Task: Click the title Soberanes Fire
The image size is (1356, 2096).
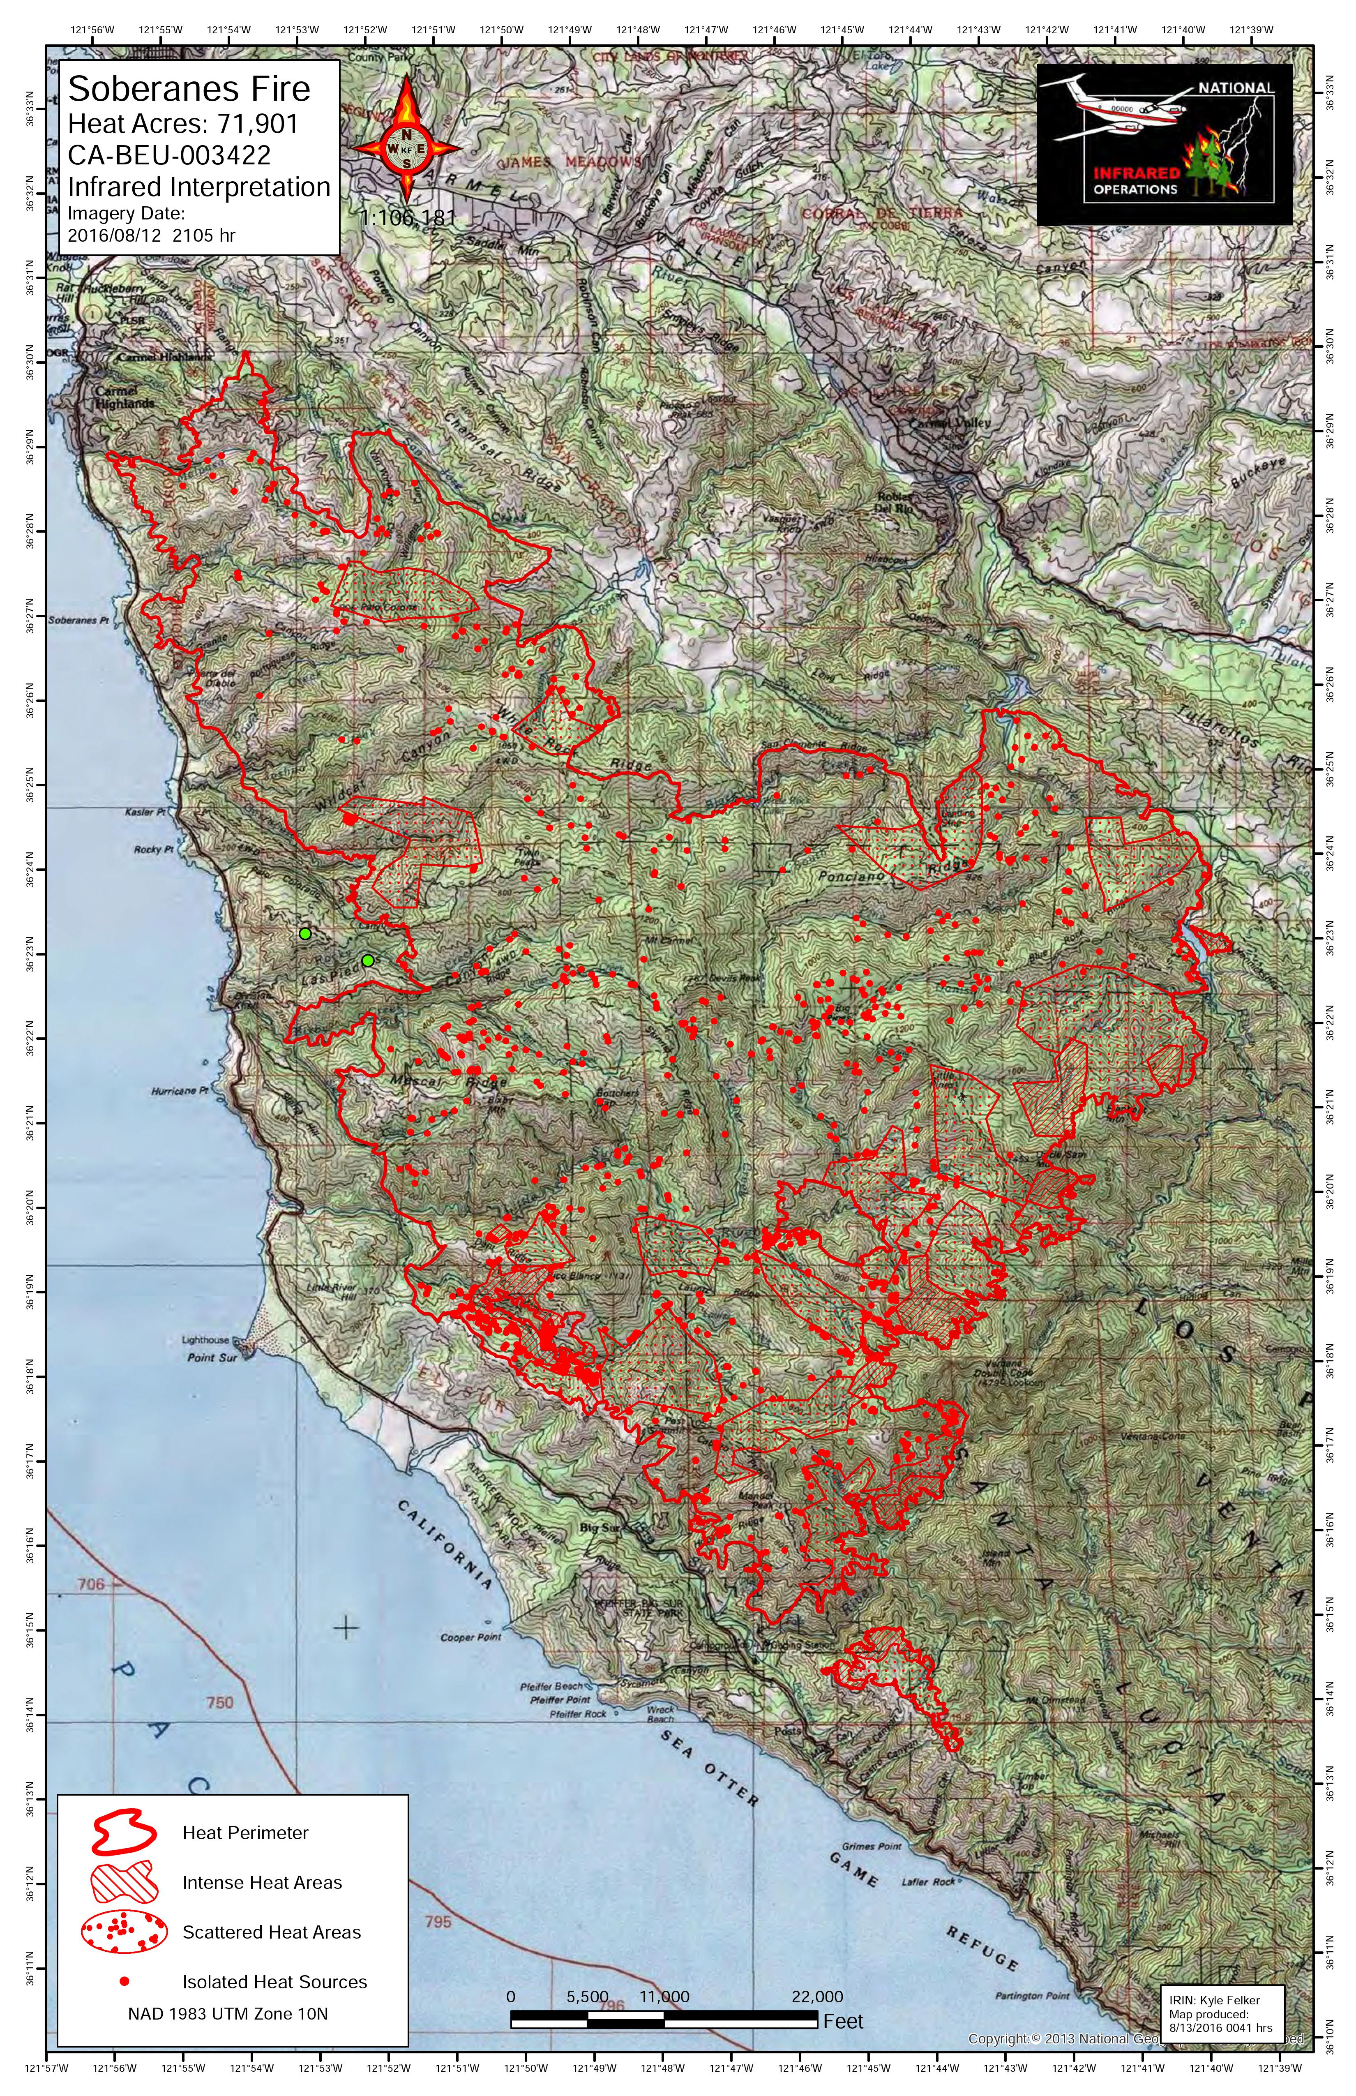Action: point(189,89)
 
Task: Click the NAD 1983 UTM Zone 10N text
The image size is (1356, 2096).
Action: point(227,2013)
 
